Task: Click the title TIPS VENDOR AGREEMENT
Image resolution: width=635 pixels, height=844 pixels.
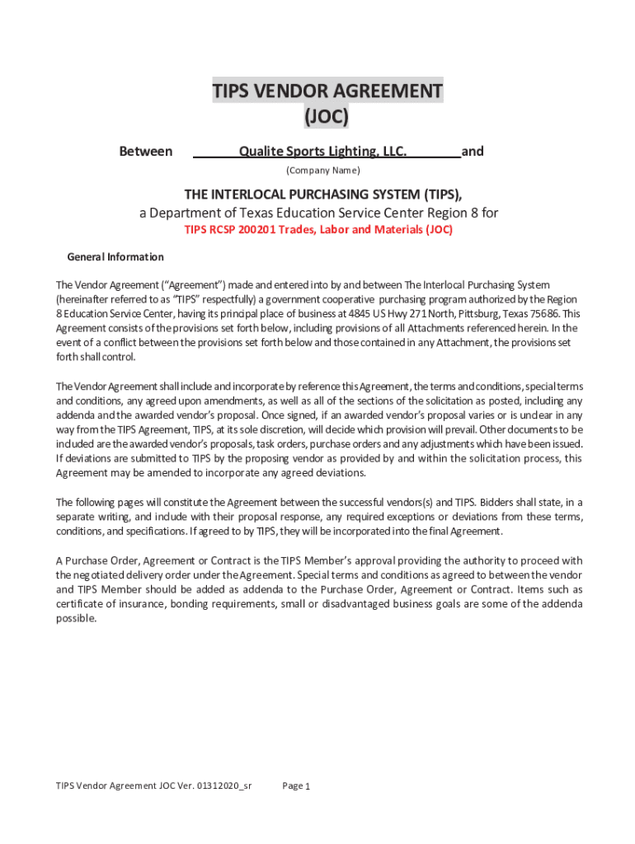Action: pos(327,91)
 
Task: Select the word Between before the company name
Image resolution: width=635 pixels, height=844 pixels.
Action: pos(146,152)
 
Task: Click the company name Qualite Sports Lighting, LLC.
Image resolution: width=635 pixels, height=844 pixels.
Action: pos(322,152)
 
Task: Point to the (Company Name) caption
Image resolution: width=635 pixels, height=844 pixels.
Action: pos(322,171)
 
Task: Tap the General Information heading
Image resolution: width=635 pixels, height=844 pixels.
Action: pos(115,257)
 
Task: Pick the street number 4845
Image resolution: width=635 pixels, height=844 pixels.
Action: pos(360,313)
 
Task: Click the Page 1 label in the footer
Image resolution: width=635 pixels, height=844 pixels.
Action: pos(295,786)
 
